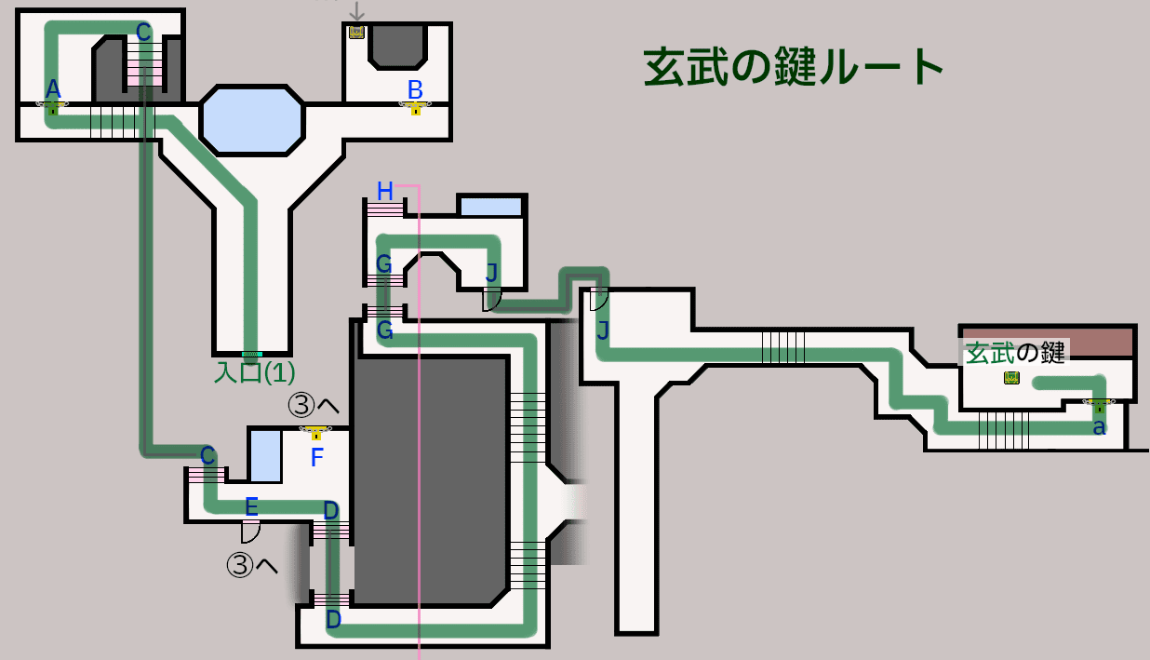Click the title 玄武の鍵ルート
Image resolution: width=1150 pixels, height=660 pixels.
(794, 67)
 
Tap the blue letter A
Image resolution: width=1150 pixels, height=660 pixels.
(53, 89)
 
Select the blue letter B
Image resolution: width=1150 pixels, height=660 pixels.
(415, 90)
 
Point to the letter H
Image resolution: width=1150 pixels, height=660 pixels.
(385, 192)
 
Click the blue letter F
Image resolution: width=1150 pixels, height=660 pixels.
(317, 457)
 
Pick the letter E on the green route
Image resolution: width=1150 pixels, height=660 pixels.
(251, 507)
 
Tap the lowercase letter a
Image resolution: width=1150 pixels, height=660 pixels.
(1099, 427)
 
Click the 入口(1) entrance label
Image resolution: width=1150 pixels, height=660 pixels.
(255, 372)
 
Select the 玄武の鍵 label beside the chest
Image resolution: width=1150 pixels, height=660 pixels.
(1015, 354)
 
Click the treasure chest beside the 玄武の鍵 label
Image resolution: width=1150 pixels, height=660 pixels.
(1011, 378)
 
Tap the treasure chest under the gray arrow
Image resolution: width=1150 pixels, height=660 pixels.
(356, 33)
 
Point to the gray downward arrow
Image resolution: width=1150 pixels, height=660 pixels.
(356, 11)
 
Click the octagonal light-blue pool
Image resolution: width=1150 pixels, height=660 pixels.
(252, 121)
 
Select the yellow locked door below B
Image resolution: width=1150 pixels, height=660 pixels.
(415, 108)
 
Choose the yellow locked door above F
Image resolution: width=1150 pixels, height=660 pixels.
(316, 433)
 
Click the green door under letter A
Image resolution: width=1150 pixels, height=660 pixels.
(52, 108)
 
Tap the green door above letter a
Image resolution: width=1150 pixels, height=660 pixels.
(1099, 406)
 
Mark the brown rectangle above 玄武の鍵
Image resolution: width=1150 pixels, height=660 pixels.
(1048, 342)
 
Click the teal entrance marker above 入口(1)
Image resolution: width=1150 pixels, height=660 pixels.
(252, 355)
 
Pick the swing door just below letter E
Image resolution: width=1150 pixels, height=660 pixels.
(250, 532)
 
